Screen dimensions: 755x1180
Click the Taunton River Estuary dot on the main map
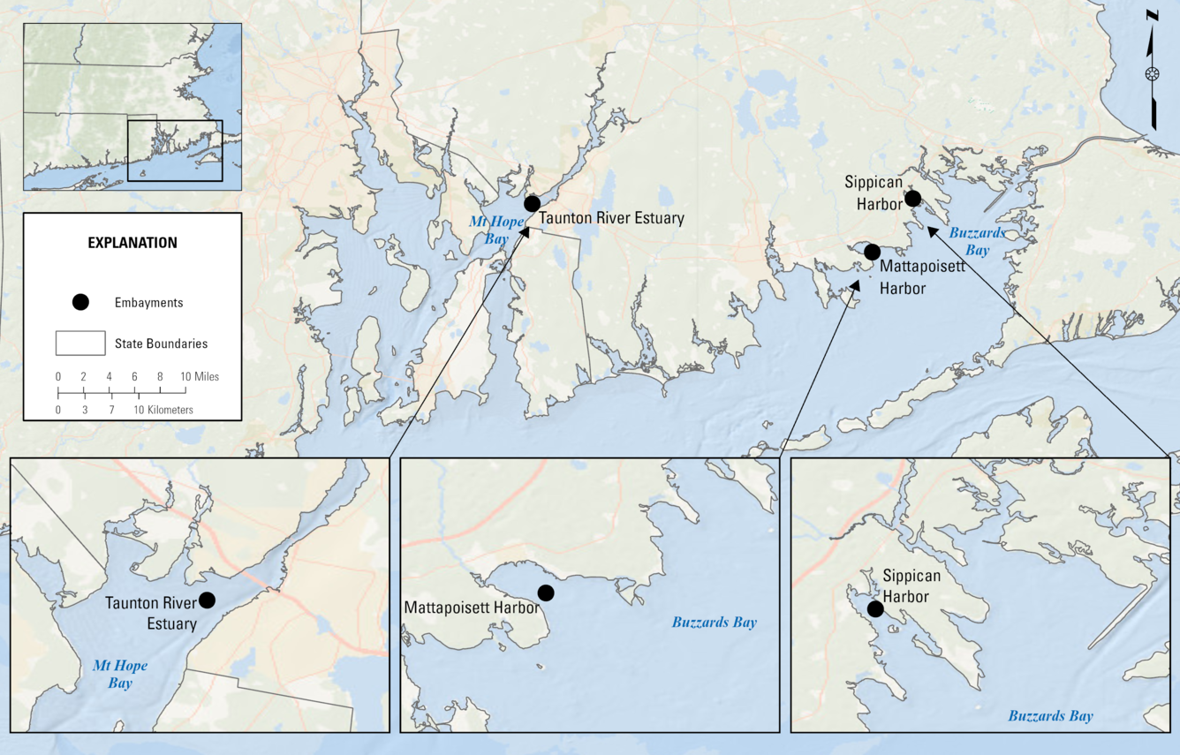532,204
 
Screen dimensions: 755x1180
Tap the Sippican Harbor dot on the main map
912,198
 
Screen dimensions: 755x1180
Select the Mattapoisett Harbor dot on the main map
872,252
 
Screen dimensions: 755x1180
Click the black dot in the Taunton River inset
207,600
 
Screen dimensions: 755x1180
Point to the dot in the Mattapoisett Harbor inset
546,592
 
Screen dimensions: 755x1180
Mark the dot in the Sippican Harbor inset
875,609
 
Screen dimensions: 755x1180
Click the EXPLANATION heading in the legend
132,243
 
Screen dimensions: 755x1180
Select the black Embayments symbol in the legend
80,302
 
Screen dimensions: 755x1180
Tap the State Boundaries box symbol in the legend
80,343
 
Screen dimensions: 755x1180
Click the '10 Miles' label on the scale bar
200,376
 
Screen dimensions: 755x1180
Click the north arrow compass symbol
1152,73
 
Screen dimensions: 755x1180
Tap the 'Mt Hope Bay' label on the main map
484,230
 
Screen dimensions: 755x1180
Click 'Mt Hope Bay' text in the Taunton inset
120,674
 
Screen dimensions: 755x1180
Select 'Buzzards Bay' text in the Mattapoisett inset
714,623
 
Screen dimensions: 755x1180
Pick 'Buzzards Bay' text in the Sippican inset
1050,716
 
